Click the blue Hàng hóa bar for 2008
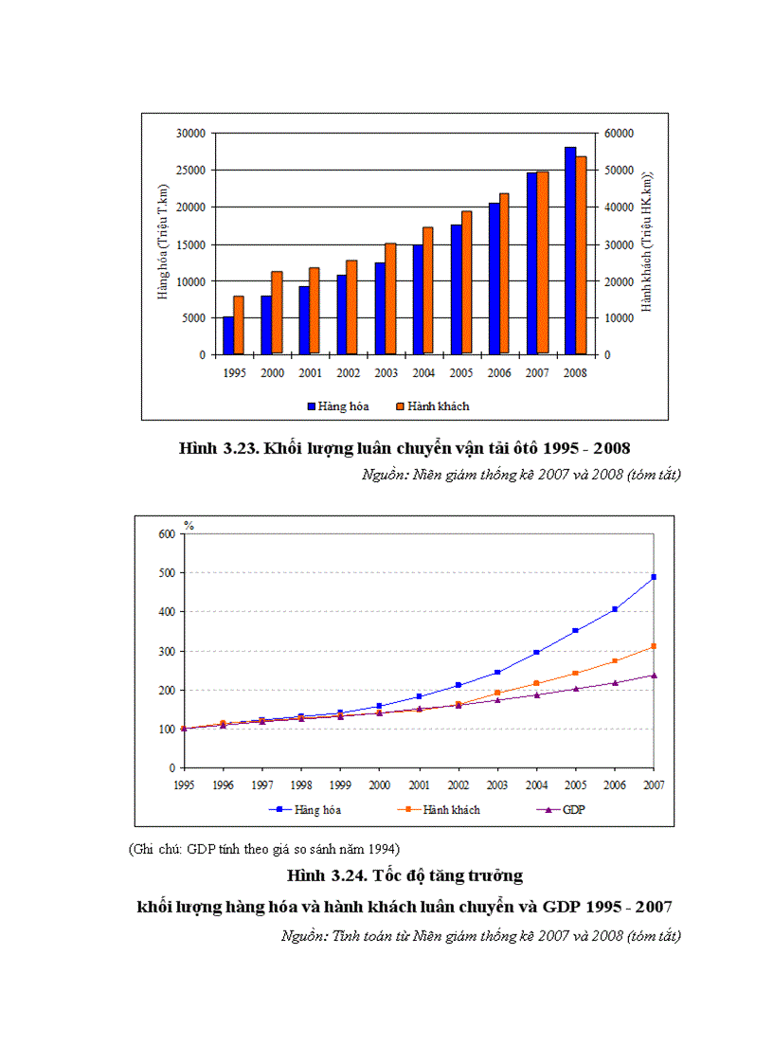570,251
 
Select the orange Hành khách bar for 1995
239,325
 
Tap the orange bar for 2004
428,290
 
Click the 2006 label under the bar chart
499,373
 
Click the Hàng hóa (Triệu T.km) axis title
163,243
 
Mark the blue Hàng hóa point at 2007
654,577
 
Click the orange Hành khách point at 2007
654,646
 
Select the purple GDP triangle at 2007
654,676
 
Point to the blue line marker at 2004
536,652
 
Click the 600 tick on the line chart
166,534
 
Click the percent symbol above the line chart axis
188,525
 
